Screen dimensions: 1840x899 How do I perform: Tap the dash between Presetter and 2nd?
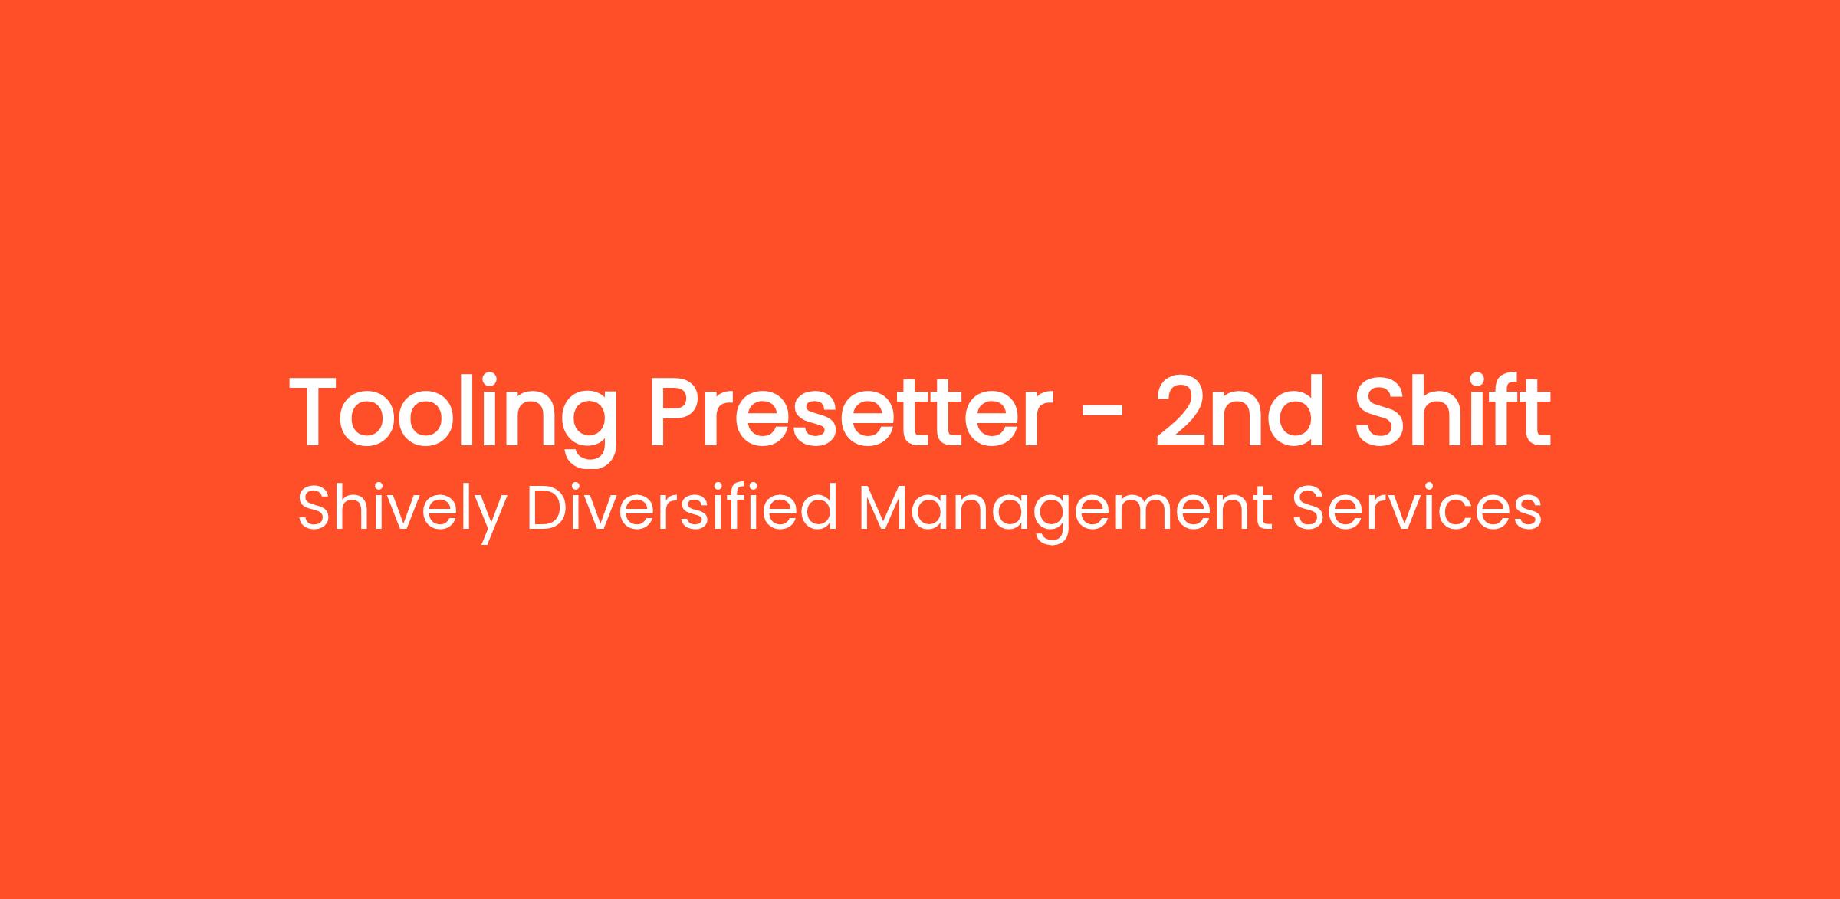click(1100, 420)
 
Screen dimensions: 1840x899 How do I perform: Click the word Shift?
click(1454, 411)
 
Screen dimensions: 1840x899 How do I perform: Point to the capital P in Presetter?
click(677, 412)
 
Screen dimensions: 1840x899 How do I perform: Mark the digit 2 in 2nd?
click(1181, 412)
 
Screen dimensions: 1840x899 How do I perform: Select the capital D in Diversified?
click(549, 507)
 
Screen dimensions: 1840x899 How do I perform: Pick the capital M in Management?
click(883, 507)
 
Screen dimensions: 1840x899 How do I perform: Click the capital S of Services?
click(1309, 507)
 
